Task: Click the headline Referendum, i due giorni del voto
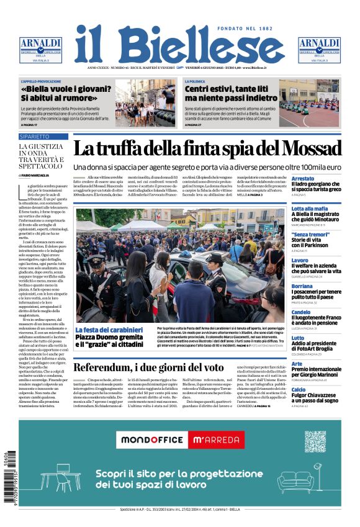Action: tap(148, 367)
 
